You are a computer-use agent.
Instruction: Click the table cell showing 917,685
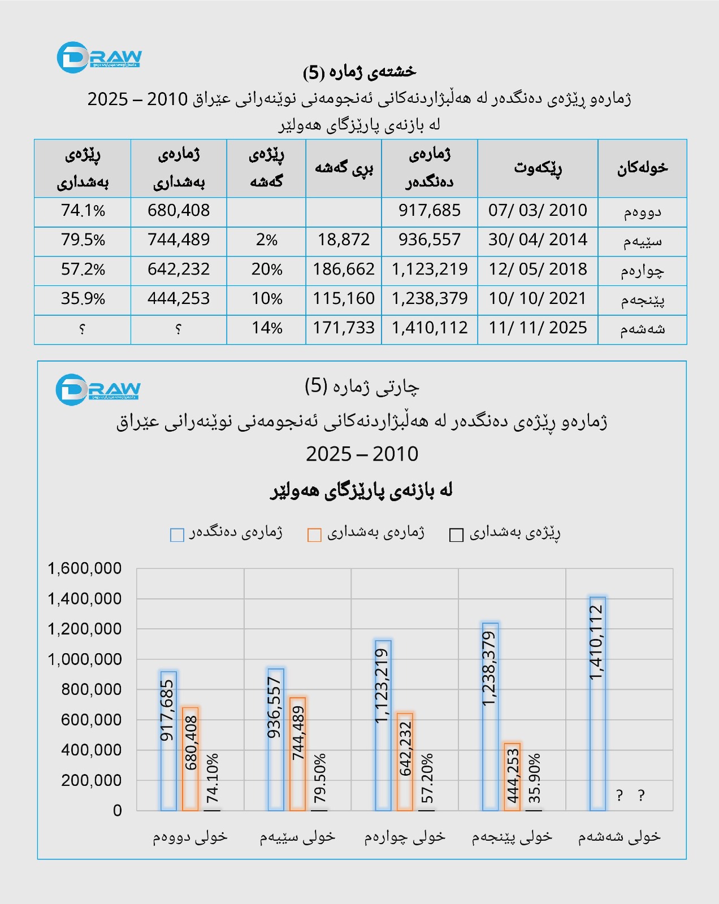click(429, 211)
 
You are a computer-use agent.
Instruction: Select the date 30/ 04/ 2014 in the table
click(538, 240)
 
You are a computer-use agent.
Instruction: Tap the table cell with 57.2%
click(83, 270)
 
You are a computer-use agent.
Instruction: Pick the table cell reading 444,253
click(179, 299)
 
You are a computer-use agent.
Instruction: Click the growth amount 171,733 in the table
click(344, 328)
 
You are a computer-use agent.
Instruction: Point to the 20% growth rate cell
click(266, 270)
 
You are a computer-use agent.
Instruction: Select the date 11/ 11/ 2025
click(538, 328)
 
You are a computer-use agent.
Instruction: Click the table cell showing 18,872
click(344, 240)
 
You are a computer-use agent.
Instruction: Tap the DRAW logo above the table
click(99, 57)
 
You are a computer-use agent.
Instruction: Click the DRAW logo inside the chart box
click(98, 389)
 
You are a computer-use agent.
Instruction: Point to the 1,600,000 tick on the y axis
click(85, 568)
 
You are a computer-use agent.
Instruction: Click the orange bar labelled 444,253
click(512, 777)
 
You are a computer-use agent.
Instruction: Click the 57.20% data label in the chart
click(427, 779)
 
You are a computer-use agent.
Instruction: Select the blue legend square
click(177, 534)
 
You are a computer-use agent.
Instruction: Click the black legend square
click(456, 534)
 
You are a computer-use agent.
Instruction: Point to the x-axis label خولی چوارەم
click(405, 837)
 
